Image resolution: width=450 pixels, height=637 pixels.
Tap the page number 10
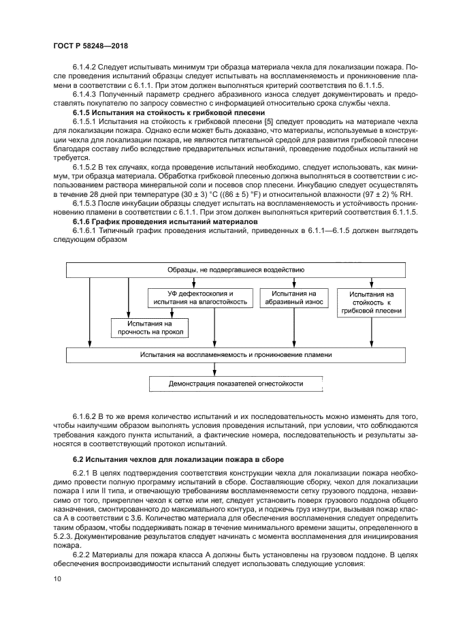(57, 580)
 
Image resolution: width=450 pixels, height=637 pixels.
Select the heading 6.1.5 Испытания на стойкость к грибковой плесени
(160, 112)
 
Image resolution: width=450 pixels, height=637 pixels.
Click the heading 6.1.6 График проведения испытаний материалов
(161, 222)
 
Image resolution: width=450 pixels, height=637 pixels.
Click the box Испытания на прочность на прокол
(149, 328)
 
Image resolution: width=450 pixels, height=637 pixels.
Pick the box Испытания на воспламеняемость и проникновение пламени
(236, 355)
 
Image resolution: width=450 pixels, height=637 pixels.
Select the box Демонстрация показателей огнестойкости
(236, 384)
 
